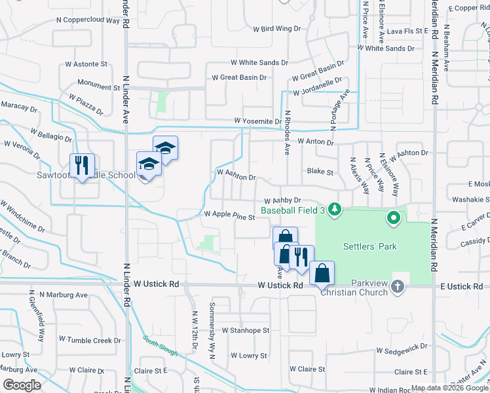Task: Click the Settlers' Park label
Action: click(x=367, y=247)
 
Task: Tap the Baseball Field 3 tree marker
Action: click(x=335, y=210)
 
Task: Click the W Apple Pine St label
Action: click(x=229, y=214)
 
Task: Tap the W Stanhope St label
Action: click(x=245, y=331)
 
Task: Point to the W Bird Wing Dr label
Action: click(x=276, y=29)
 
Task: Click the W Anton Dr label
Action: click(x=315, y=141)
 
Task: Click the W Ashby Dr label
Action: click(x=282, y=200)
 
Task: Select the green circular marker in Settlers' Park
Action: click(x=393, y=217)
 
